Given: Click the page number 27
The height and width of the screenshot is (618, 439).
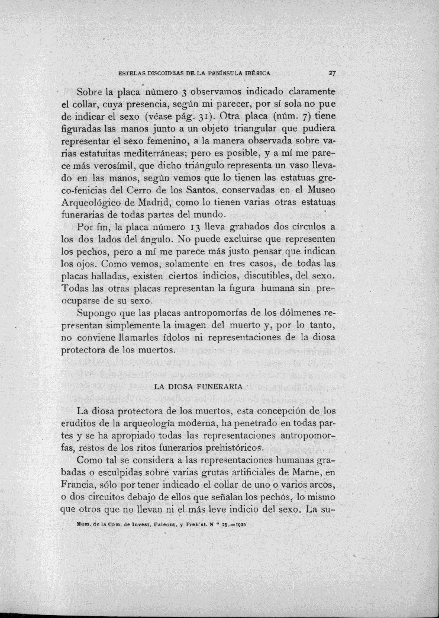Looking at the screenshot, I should [x=333, y=74].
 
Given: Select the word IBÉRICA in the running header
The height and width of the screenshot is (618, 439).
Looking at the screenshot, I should [x=256, y=74].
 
